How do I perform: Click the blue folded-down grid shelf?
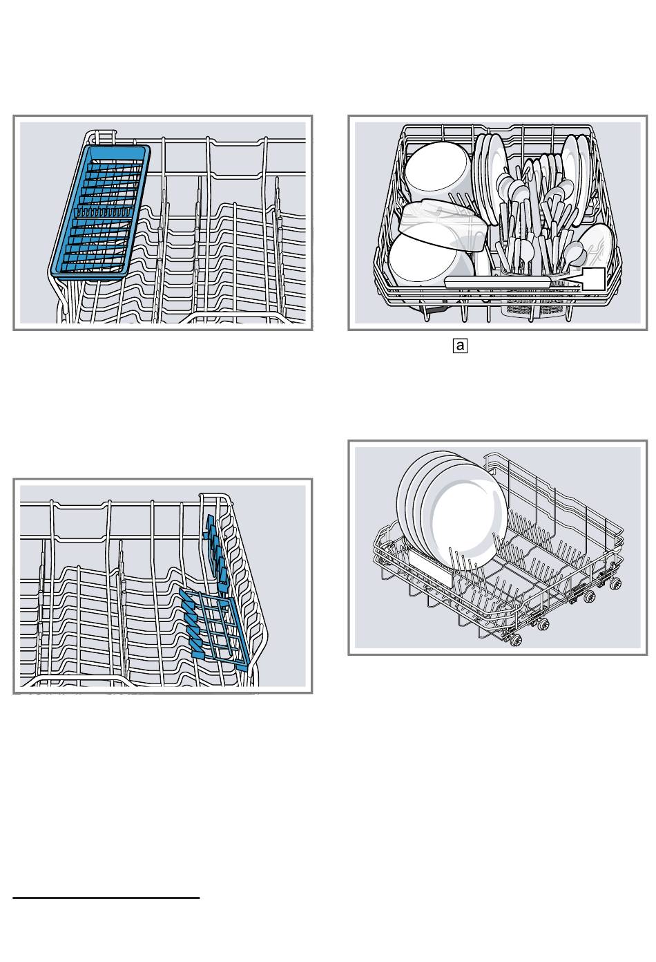tap(214, 625)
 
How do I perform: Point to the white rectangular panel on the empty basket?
tap(430, 567)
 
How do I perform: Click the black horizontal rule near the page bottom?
tap(106, 898)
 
